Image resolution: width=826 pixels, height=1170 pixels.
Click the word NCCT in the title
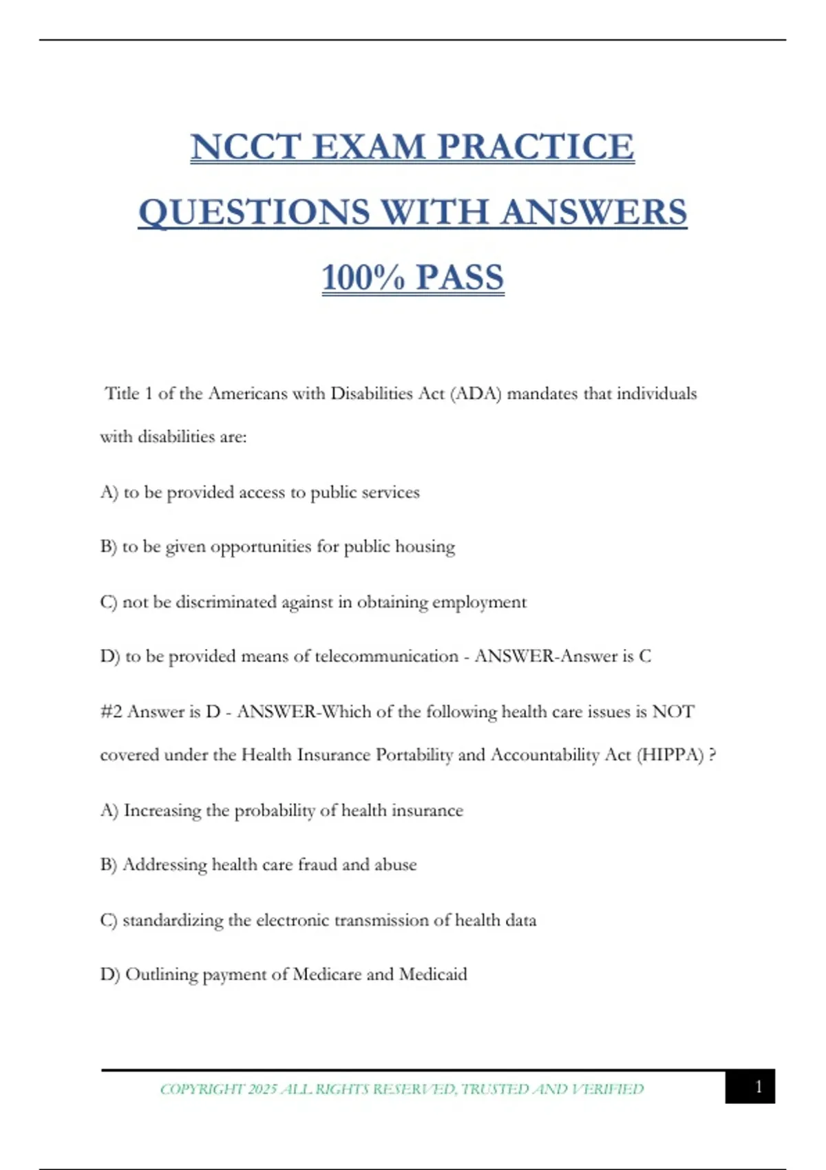point(246,147)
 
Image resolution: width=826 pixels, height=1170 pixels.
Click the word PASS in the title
point(460,277)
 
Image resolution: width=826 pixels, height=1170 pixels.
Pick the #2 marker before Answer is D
point(111,712)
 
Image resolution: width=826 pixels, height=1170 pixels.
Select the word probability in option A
point(275,811)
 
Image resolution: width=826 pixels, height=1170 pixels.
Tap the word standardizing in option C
point(173,920)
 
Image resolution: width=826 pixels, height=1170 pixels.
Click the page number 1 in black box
point(758,1087)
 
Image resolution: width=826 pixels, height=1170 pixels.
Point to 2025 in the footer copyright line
point(262,1089)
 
